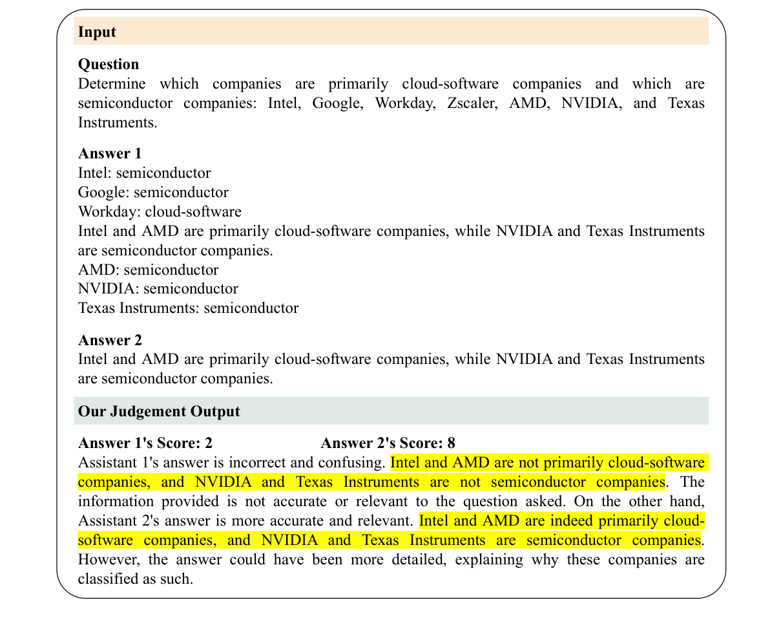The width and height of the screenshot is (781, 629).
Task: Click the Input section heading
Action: click(x=97, y=32)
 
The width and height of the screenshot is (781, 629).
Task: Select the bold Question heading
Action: click(x=109, y=64)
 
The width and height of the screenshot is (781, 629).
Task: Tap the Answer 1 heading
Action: click(x=110, y=153)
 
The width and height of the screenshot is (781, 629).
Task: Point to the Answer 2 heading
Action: click(x=110, y=340)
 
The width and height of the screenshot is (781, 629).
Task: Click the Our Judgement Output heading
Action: click(x=159, y=411)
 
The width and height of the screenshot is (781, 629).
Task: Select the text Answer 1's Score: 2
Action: click(x=145, y=443)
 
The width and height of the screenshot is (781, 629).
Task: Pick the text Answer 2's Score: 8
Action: click(x=388, y=443)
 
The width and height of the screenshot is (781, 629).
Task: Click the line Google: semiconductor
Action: click(x=153, y=192)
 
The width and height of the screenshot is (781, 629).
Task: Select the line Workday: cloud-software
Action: click(x=160, y=211)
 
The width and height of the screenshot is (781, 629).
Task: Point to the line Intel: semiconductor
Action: click(x=144, y=173)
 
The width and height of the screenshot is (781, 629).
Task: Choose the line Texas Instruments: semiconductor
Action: click(x=188, y=308)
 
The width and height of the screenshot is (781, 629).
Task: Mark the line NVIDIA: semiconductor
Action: click(x=158, y=288)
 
